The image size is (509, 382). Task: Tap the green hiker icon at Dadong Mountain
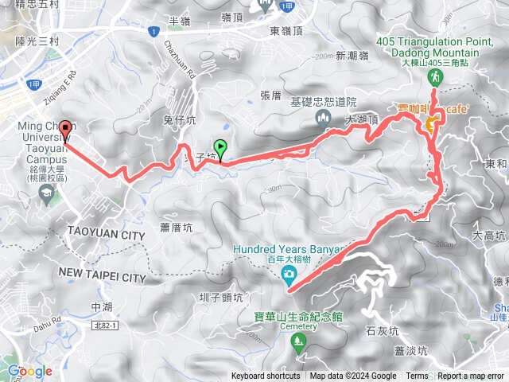(x=436, y=77)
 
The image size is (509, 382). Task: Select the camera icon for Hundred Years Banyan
(x=289, y=275)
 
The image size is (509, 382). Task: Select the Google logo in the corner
(x=29, y=371)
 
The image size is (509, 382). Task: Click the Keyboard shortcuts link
(x=266, y=376)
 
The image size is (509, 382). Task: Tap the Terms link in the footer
(x=417, y=376)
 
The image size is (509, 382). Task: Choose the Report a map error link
(x=471, y=376)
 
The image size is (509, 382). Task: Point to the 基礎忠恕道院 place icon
(x=323, y=119)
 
